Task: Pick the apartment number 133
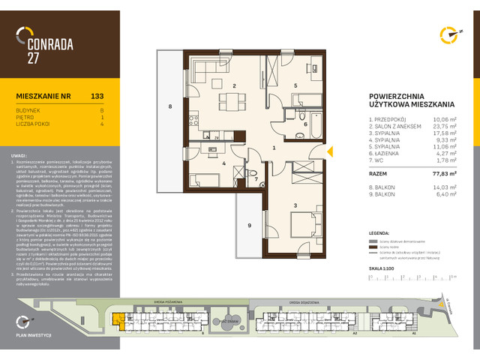tap(97, 96)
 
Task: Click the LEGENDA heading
tap(382, 232)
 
